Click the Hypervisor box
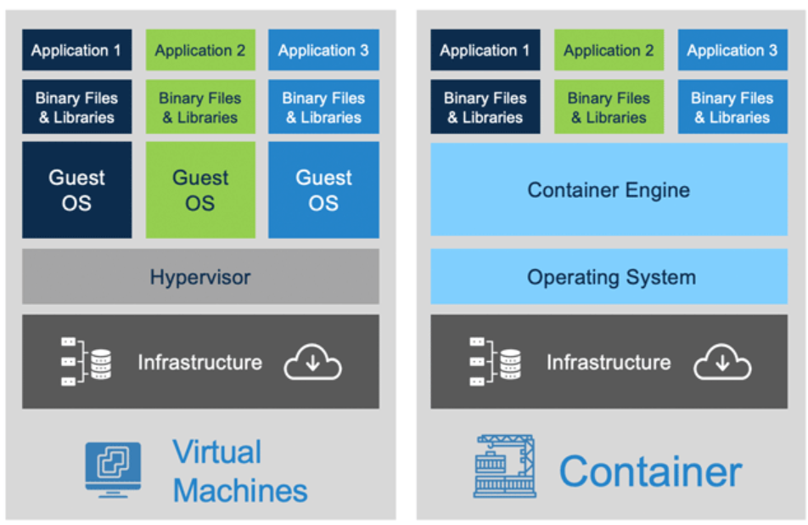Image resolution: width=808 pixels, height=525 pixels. (x=200, y=277)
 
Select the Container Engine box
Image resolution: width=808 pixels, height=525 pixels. (x=609, y=189)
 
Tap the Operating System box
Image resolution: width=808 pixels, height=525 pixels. (x=609, y=277)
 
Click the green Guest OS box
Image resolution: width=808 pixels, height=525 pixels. (x=200, y=190)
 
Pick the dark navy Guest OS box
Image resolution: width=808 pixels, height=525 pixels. (x=76, y=190)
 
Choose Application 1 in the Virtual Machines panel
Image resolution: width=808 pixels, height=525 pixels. (x=76, y=50)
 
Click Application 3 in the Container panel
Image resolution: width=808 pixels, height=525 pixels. (x=732, y=50)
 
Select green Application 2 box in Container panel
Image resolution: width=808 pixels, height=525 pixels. (x=609, y=50)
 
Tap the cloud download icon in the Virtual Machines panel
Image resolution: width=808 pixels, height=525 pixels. (x=312, y=363)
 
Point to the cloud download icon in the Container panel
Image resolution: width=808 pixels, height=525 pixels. (x=722, y=363)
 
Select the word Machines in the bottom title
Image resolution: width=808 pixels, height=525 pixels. (x=240, y=490)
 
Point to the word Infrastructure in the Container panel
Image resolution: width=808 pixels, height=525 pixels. (x=609, y=363)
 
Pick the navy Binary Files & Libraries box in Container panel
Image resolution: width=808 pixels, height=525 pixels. (x=485, y=107)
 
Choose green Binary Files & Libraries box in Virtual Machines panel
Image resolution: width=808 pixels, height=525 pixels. (x=200, y=107)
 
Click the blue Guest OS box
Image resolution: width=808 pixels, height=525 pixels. (x=323, y=190)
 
